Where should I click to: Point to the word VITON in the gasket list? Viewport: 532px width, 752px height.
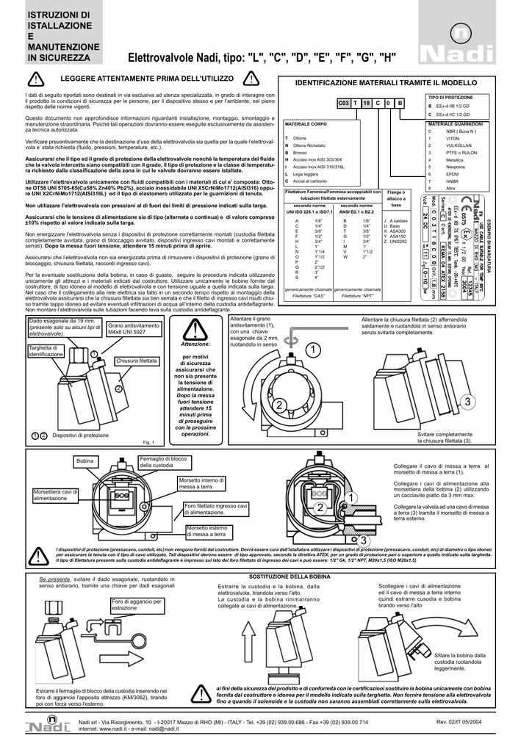pos(442,138)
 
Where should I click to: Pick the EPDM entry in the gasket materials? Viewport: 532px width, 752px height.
pos(442,173)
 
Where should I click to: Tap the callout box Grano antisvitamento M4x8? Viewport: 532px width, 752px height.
pos(133,328)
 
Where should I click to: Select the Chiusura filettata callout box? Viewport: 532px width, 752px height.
pos(137,361)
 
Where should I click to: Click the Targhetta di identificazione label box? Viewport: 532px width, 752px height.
pos(46,351)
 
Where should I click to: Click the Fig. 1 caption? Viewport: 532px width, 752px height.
pos(147,442)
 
